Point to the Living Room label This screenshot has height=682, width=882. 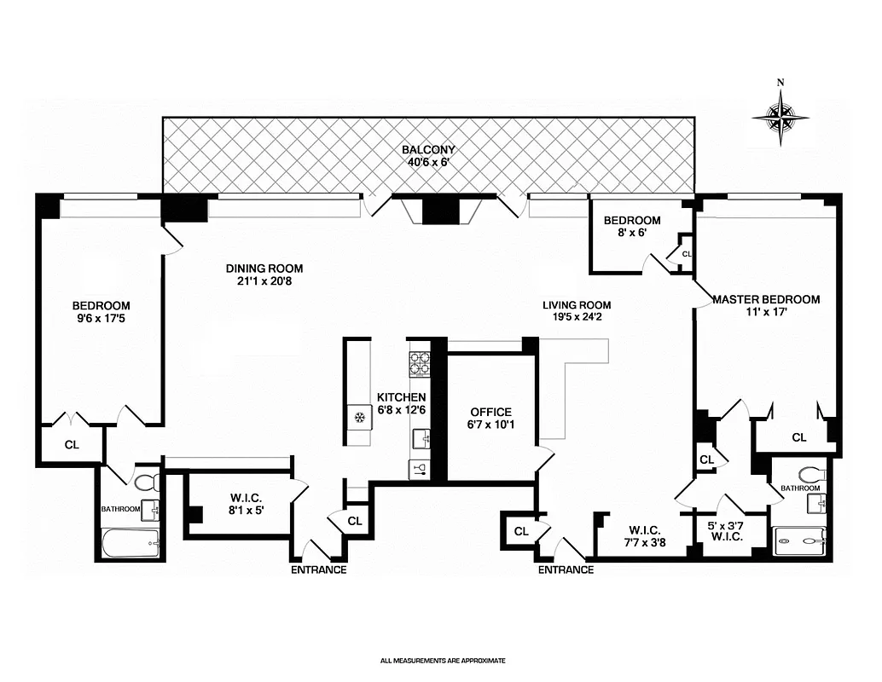point(577,311)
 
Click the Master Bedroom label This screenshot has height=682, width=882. point(765,305)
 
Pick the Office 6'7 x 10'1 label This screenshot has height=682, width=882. point(490,418)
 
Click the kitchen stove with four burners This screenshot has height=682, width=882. point(419,364)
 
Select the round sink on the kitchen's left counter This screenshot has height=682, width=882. point(360,417)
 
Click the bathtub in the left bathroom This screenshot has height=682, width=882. point(130,543)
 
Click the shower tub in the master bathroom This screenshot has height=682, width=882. point(799,540)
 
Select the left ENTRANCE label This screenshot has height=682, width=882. point(318,569)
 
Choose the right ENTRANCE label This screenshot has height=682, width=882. point(566,569)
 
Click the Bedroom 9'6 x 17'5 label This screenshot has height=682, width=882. point(101,312)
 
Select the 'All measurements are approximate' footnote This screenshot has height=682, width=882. point(443,660)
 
